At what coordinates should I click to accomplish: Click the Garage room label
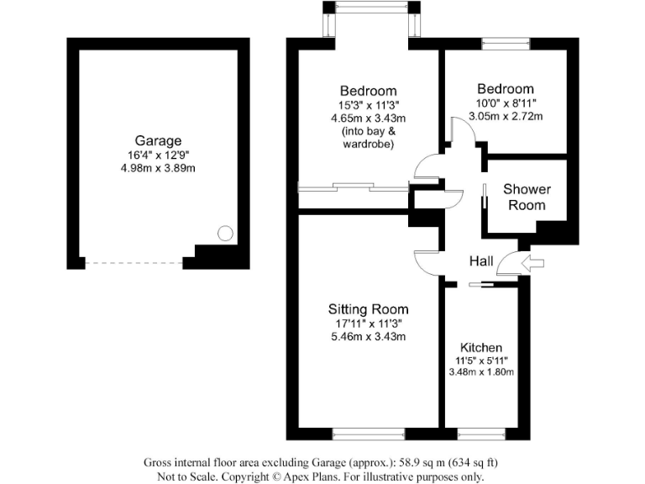(x=158, y=140)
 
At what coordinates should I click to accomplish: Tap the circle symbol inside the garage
(x=225, y=234)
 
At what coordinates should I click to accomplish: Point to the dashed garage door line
(x=134, y=263)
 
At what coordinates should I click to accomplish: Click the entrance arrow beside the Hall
(x=532, y=263)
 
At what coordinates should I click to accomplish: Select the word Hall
(x=481, y=262)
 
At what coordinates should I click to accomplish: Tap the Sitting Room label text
(x=368, y=308)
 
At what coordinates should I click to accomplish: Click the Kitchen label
(x=481, y=348)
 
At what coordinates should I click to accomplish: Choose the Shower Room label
(x=527, y=197)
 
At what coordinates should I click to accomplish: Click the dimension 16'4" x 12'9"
(x=158, y=155)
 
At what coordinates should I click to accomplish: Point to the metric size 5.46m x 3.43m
(x=368, y=337)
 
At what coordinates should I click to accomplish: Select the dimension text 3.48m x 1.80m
(x=481, y=372)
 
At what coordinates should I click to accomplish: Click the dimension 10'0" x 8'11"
(x=505, y=103)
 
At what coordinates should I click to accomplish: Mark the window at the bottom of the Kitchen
(x=482, y=434)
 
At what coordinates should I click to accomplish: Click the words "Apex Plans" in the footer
(x=339, y=476)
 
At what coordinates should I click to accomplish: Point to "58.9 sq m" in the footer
(x=426, y=462)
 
